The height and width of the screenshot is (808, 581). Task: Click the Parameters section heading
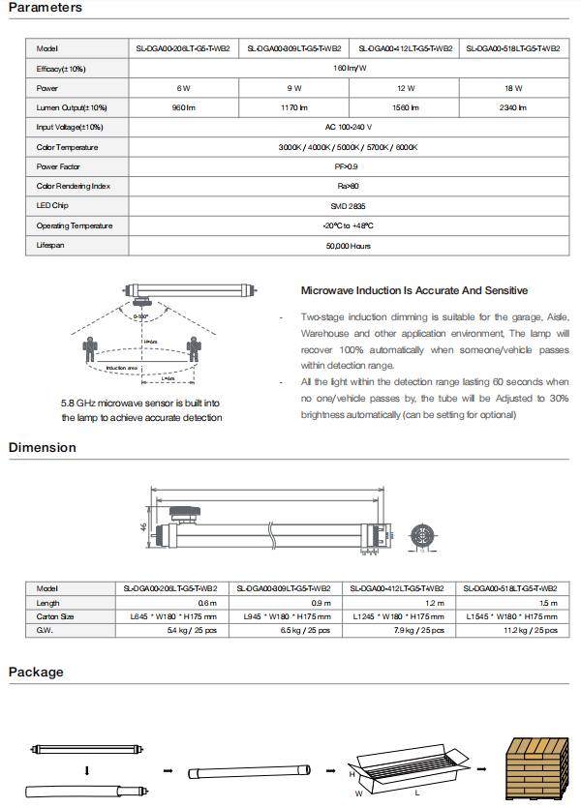[45, 8]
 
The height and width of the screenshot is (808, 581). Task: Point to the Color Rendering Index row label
[74, 186]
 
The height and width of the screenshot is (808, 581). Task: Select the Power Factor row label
[58, 166]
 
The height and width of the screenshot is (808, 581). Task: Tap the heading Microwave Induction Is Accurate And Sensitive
[414, 290]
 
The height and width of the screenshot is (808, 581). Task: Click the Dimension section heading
[42, 448]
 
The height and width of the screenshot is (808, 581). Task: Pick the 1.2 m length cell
[404, 602]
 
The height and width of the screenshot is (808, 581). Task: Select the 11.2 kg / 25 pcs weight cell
[512, 630]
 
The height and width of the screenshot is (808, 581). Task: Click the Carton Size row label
[55, 616]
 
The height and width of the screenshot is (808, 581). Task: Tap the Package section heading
[36, 673]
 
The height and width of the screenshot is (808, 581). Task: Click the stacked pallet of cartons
[536, 765]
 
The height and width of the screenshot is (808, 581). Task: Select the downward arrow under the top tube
[87, 770]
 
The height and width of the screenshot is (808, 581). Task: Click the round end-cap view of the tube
[421, 536]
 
